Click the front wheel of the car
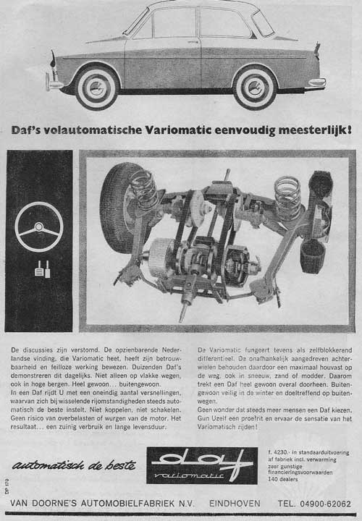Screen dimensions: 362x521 pos(96,86)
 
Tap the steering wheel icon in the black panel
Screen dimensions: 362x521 pos(39,227)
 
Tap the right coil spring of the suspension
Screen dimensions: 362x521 pos(287,195)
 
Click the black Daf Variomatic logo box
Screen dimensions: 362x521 pos(201,465)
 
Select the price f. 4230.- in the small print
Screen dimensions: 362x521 pos(281,452)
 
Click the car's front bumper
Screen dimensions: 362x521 pos(54,84)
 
